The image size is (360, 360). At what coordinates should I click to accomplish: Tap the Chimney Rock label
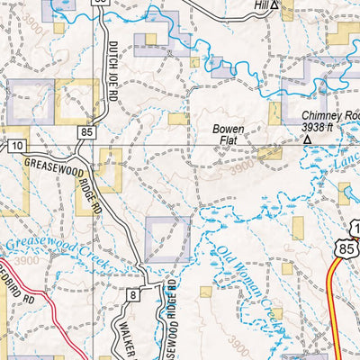[x=329, y=115]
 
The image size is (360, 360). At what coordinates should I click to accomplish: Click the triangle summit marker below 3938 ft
[x=307, y=140]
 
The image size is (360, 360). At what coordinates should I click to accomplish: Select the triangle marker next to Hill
[x=275, y=5]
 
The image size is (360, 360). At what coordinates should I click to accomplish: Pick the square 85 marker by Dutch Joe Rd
[x=85, y=132]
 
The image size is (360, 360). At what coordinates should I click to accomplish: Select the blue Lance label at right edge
[x=344, y=157]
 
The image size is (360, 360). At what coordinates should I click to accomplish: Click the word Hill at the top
[x=261, y=5]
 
